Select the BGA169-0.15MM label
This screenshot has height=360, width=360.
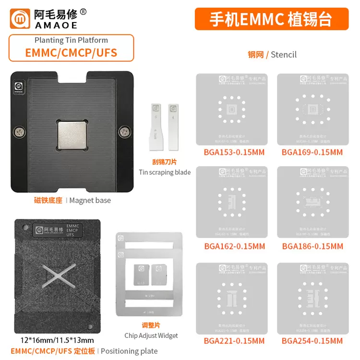312,153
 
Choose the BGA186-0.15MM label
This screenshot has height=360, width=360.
312,246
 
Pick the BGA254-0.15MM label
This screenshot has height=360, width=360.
312,341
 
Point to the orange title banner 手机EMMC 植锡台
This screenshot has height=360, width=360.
271,19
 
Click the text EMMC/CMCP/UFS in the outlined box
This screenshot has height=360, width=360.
71,52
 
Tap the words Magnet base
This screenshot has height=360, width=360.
90,200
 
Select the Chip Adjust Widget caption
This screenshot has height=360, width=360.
151,336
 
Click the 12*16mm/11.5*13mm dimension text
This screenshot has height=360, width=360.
54,340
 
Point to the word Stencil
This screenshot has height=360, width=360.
284,54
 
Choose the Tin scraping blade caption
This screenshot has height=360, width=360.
165,172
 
